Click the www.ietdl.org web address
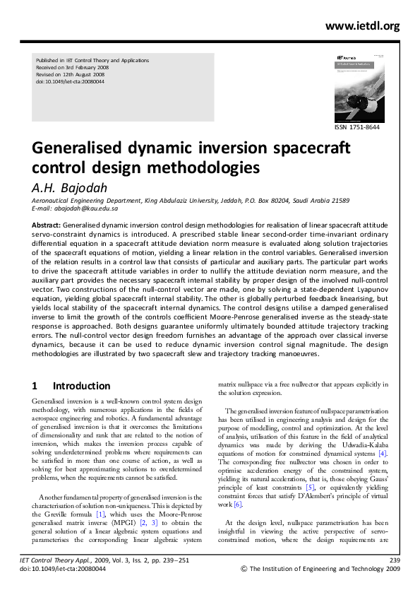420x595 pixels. click(x=363, y=27)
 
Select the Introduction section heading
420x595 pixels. click(x=82, y=387)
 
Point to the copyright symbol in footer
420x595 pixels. click(x=245, y=588)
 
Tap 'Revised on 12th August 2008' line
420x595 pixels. click(x=72, y=75)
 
